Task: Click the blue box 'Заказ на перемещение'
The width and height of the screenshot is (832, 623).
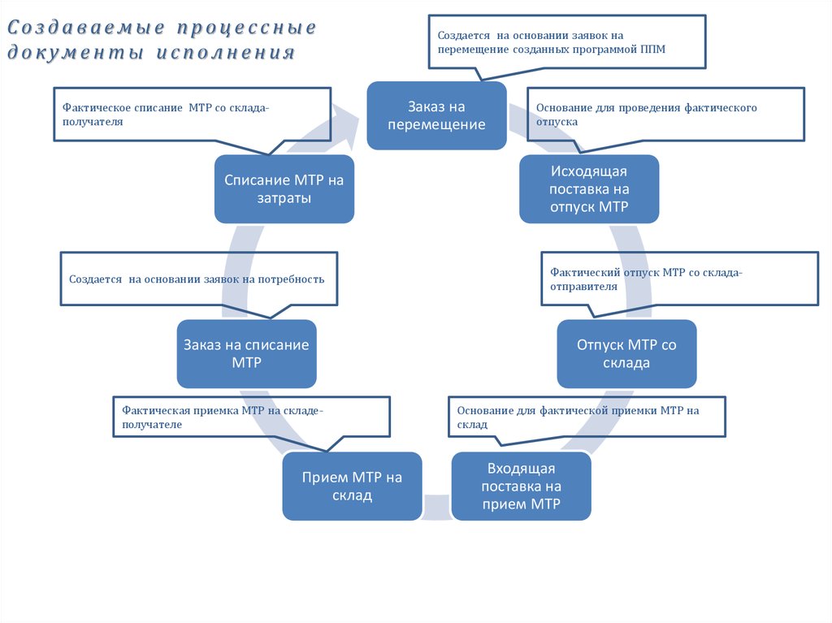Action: pyautogui.click(x=436, y=115)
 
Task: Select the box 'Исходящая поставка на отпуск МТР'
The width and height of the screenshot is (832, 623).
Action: pyautogui.click(x=589, y=188)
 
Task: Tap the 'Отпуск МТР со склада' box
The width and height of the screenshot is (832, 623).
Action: pyautogui.click(x=626, y=353)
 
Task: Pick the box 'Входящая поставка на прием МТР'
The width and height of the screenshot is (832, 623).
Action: pyautogui.click(x=521, y=487)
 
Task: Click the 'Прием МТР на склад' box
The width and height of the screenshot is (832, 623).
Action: pyautogui.click(x=352, y=486)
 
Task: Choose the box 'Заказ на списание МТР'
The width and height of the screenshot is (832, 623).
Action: pyautogui.click(x=246, y=353)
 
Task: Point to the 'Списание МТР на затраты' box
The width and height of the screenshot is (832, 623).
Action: pyautogui.click(x=284, y=188)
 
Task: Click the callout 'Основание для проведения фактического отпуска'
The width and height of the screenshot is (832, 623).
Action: pyautogui.click(x=665, y=115)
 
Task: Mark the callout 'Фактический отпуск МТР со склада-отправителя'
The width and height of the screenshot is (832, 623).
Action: pyautogui.click(x=679, y=279)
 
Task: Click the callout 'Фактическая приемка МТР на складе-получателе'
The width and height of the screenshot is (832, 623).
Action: pyautogui.click(x=251, y=417)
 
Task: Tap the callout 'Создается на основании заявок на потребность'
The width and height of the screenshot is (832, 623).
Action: pyautogui.click(x=199, y=279)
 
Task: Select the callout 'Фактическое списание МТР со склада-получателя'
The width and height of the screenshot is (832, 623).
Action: pyautogui.click(x=192, y=115)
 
